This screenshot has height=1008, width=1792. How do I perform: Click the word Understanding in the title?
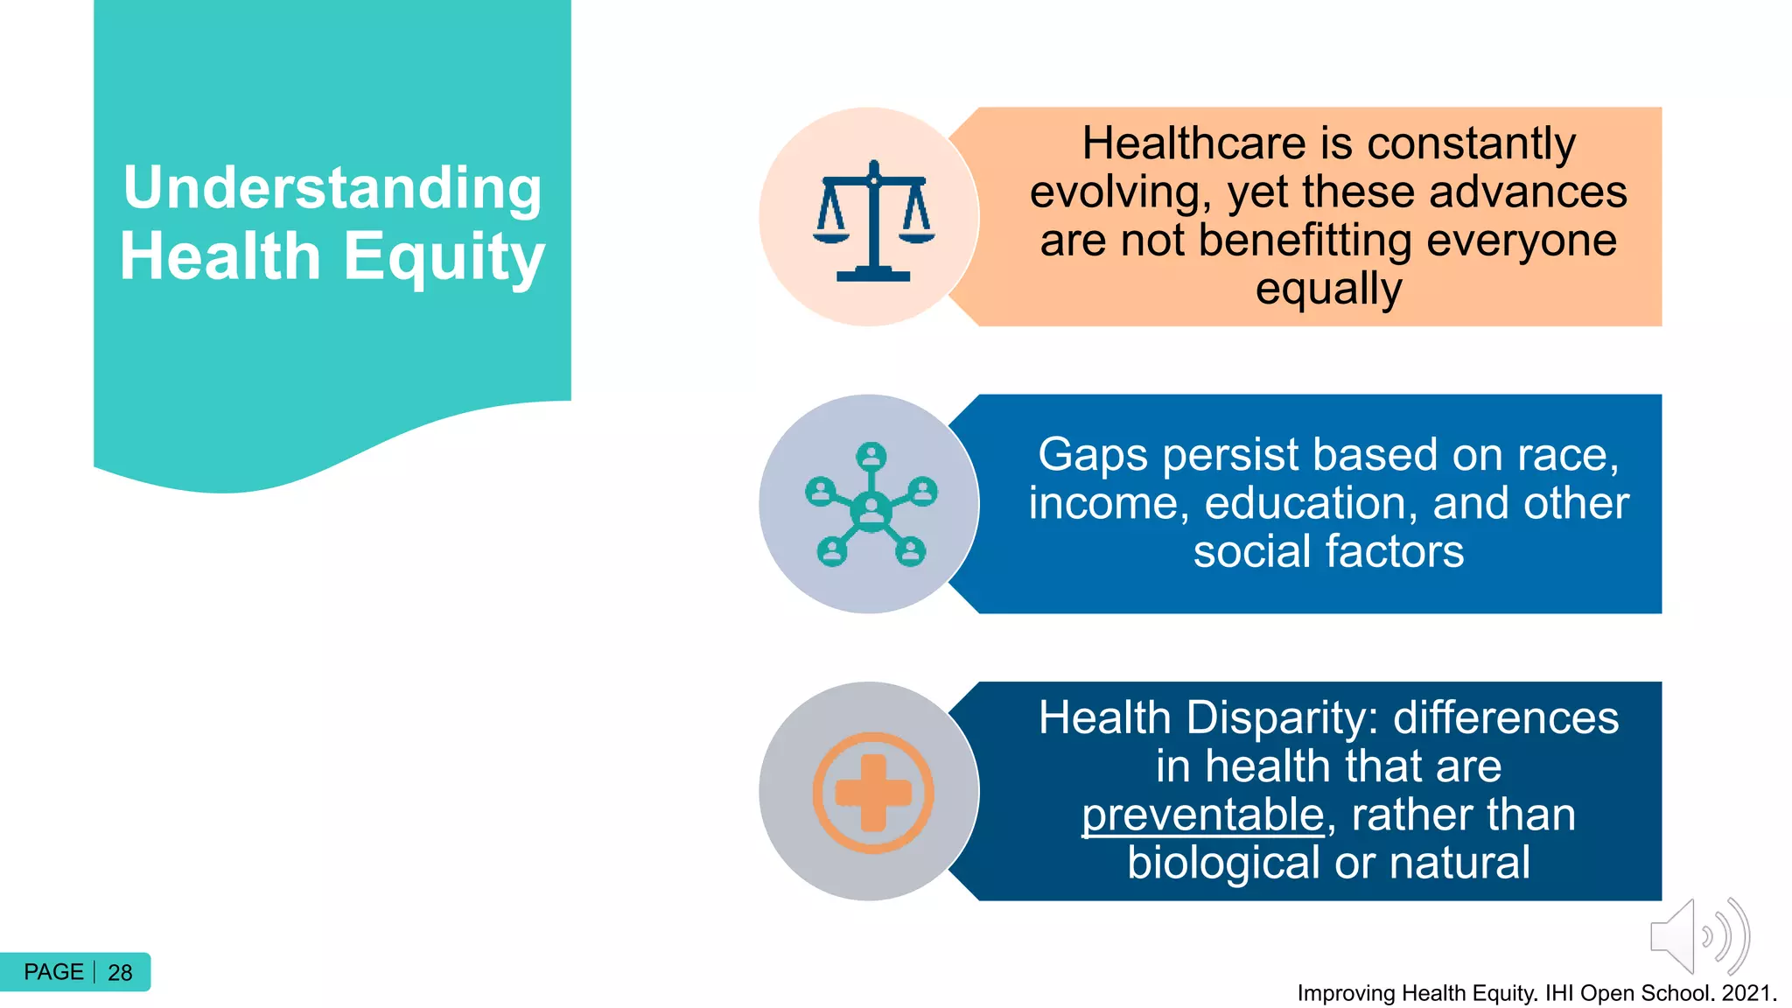[x=332, y=188]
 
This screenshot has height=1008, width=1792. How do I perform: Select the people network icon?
[x=871, y=505]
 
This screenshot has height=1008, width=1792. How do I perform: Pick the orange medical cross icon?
[x=872, y=793]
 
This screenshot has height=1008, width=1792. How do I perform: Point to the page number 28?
[x=120, y=973]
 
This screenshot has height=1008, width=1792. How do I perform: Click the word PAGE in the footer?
[x=53, y=972]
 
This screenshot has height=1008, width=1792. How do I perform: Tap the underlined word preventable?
[x=1203, y=815]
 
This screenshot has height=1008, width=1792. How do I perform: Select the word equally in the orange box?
[x=1328, y=289]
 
